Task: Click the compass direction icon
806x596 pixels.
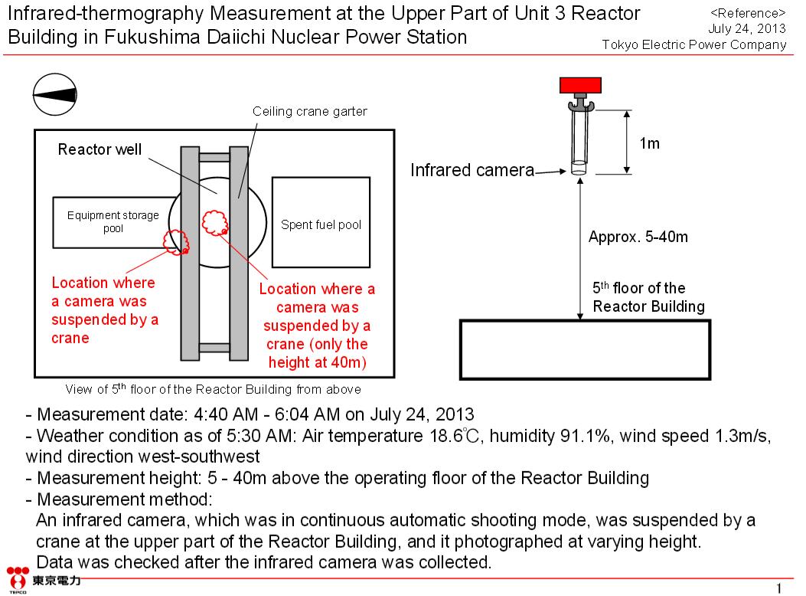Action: (55, 95)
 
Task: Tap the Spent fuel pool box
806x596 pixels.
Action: (321, 224)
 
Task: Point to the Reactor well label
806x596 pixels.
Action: (100, 149)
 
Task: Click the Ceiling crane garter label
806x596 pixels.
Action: (310, 112)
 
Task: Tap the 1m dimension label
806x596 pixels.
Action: (648, 143)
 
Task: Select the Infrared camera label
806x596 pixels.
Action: (472, 170)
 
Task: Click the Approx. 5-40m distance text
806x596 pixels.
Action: (638, 237)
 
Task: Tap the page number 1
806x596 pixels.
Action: (779, 588)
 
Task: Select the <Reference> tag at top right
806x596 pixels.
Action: (748, 14)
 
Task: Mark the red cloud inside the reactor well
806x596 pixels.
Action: (215, 221)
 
